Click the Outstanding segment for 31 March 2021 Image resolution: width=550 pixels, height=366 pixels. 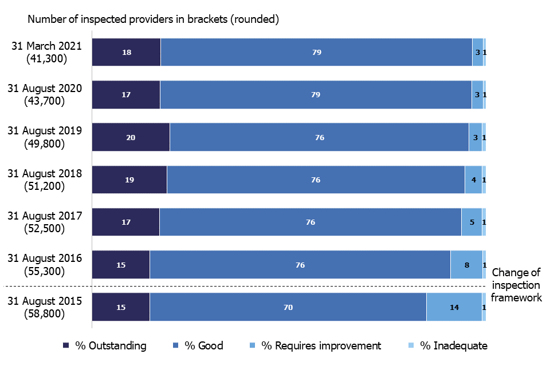126,52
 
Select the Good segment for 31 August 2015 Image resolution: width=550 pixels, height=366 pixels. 288,307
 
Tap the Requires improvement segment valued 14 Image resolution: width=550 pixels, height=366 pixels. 454,307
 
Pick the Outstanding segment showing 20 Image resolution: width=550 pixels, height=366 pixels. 131,137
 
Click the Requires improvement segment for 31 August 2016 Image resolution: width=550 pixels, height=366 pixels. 466,265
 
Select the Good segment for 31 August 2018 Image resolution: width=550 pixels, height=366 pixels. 316,180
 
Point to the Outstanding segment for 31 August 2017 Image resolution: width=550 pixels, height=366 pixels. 125,222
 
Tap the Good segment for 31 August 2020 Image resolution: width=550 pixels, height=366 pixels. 316,95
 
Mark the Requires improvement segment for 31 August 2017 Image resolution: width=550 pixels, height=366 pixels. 472,222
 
